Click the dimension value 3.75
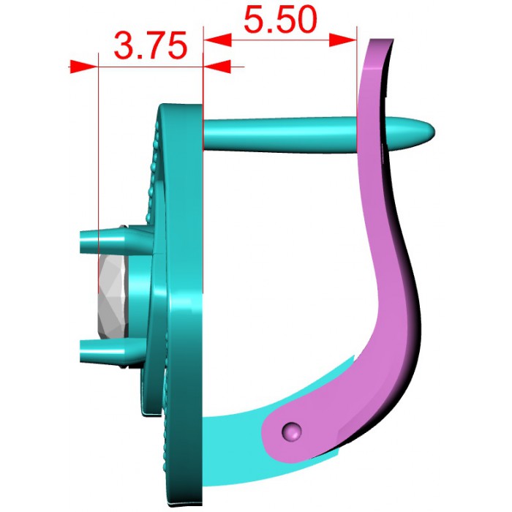[x=151, y=45]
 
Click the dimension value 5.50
[x=280, y=20]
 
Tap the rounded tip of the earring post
[x=429, y=132]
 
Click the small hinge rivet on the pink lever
[x=291, y=432]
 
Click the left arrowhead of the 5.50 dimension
[x=217, y=39]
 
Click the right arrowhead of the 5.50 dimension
[x=343, y=39]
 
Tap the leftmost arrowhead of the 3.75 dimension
[x=83, y=67]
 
